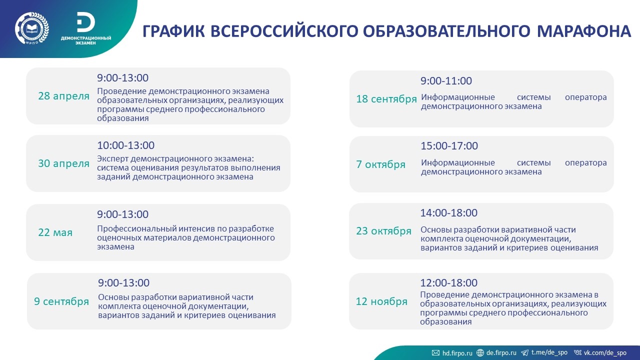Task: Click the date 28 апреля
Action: (63, 96)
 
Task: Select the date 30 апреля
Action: (63, 163)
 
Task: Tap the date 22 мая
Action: (55, 232)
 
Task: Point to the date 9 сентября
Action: (61, 301)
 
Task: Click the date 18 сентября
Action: (386, 99)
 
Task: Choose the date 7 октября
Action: (380, 164)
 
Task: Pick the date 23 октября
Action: (383, 231)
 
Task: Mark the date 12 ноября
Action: (381, 301)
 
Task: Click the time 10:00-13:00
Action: (125, 145)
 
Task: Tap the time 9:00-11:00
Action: (446, 81)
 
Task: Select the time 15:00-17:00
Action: (449, 145)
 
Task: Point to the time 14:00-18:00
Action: (448, 213)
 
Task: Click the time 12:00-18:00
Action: (448, 283)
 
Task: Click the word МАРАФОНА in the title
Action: (584, 31)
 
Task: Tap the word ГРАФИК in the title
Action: (173, 31)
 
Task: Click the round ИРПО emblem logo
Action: (32, 28)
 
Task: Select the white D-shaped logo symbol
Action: (85, 22)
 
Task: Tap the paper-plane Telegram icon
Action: (525, 353)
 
